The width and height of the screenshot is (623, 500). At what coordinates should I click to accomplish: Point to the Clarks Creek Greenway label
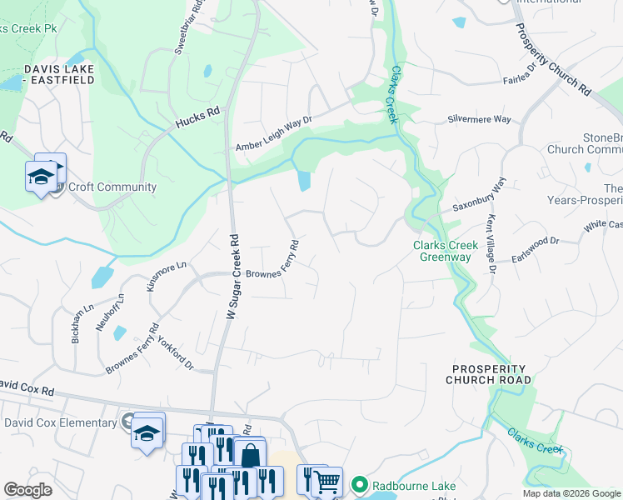coord(446,251)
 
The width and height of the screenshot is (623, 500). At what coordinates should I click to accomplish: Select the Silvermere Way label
coord(479,119)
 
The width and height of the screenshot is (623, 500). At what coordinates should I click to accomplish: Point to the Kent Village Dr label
coord(491,246)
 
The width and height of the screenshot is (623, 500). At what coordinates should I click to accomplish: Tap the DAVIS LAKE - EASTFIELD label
coord(58,74)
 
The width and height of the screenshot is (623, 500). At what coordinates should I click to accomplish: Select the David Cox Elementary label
coord(60,422)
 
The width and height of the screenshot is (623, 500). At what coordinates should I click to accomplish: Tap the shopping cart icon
coord(326,481)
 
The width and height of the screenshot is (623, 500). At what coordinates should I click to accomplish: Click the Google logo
coord(27,490)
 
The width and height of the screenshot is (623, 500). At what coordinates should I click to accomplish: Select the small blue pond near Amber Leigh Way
coord(304,180)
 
